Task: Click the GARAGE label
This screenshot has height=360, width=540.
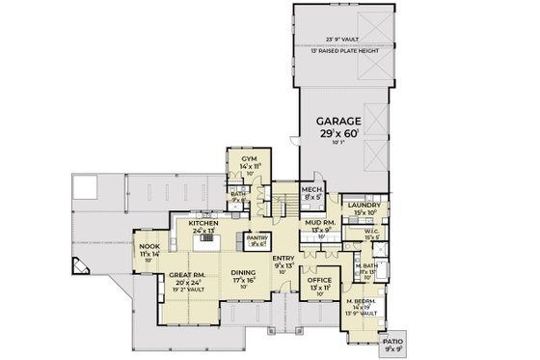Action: (341, 123)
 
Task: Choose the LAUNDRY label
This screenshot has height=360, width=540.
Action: (369, 205)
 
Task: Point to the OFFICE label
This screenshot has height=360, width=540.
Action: (320, 282)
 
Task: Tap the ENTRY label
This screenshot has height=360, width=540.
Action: (283, 260)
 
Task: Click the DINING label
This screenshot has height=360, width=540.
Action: (243, 272)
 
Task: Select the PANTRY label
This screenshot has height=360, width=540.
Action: (257, 236)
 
